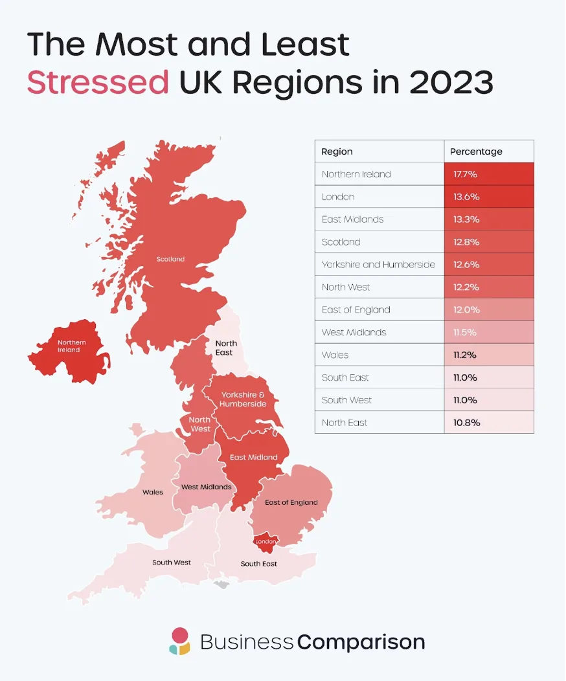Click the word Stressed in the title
98,83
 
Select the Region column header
337,151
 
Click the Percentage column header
476,151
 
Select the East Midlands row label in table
352,219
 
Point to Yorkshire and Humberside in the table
378,264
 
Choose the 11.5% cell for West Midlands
465,332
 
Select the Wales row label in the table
335,355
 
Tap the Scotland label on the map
170,259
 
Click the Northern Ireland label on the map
71,346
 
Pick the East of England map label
291,502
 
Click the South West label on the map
172,563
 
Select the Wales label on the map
153,492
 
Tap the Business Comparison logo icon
179,641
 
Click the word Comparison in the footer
361,642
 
